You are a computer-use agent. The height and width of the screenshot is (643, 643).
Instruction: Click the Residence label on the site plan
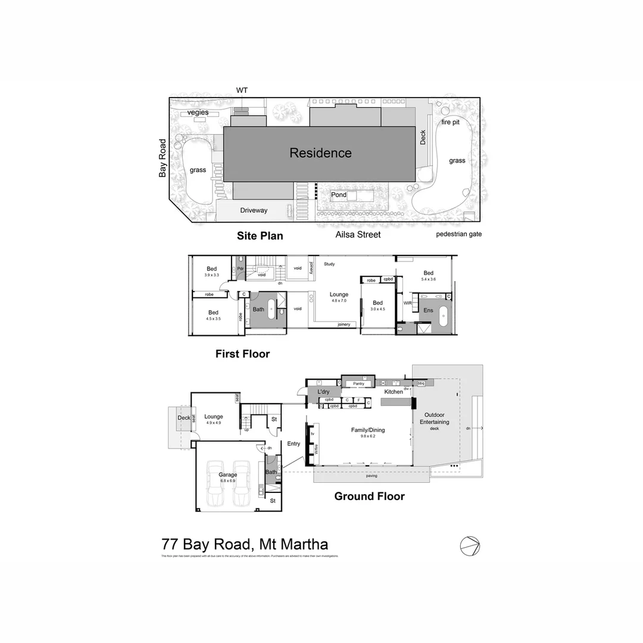click(320, 153)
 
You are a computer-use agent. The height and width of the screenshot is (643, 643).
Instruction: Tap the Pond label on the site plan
click(339, 195)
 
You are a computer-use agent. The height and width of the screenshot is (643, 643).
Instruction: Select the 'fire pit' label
click(450, 122)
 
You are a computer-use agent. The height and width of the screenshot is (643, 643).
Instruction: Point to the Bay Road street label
click(163, 158)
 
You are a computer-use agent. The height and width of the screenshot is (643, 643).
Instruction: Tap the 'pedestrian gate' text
click(458, 234)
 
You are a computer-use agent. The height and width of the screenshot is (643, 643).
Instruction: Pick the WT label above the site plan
click(242, 90)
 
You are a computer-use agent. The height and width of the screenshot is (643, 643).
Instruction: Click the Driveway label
click(254, 210)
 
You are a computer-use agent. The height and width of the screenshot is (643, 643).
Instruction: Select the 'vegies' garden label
click(198, 113)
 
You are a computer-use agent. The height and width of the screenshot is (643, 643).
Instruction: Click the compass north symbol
click(470, 545)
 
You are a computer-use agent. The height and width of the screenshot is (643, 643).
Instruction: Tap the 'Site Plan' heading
click(260, 236)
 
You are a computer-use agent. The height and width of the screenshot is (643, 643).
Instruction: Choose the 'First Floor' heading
click(242, 354)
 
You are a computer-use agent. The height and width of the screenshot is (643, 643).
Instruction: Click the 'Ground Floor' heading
click(369, 497)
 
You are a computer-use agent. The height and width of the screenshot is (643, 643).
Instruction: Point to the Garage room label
click(228, 475)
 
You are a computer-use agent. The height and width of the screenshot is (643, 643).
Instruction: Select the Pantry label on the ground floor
click(358, 384)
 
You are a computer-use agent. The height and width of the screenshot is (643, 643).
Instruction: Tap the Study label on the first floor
click(329, 264)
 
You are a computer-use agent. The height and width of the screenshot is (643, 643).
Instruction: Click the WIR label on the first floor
click(408, 303)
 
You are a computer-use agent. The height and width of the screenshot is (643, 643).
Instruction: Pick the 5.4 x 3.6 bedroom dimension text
click(429, 279)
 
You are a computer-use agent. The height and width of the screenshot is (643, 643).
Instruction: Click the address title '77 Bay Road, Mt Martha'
click(245, 544)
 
